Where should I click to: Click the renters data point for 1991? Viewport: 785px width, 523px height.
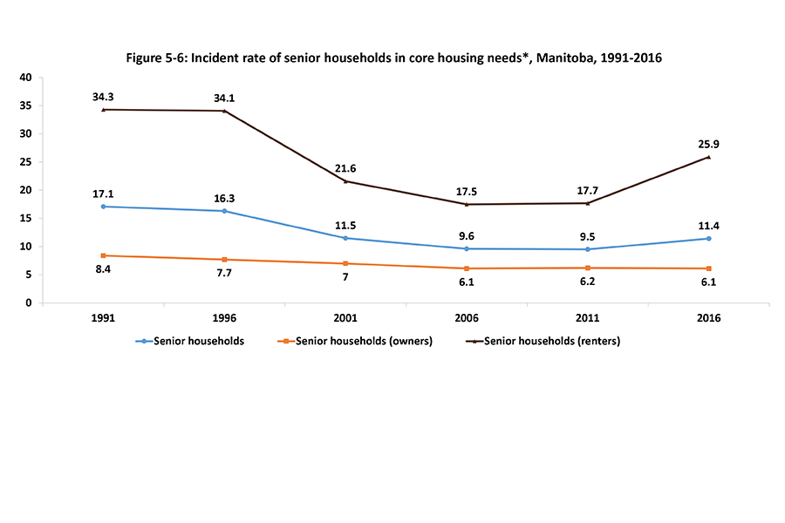point(104,109)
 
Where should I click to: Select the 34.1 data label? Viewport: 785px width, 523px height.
point(224,97)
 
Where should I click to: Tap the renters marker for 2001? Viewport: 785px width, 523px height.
point(345,181)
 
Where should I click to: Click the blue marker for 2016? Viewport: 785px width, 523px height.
point(708,238)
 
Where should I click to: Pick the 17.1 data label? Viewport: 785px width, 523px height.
point(104,193)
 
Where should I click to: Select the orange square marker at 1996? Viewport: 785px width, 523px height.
point(225,260)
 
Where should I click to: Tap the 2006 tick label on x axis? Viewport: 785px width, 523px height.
point(466,319)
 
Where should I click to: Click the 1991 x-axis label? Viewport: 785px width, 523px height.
point(104,319)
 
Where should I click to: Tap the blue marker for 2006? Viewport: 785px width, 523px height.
point(467,248)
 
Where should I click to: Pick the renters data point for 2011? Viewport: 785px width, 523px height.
point(587,203)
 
